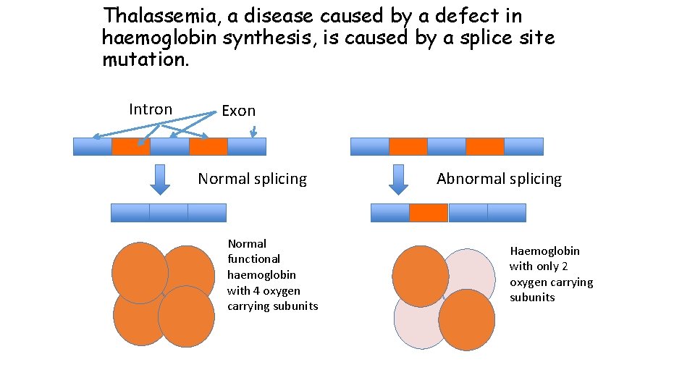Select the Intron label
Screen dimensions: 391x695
point(151,109)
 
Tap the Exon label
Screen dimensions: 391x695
point(238,111)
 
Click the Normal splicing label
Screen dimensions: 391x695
point(252,179)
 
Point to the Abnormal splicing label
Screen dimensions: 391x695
point(499,179)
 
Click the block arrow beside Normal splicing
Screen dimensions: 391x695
point(160,179)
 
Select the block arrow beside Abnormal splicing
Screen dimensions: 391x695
point(398,179)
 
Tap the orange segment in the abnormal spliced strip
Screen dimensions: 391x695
point(429,213)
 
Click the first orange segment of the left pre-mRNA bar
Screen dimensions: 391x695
point(131,146)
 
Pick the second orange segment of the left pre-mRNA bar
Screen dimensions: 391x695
point(208,146)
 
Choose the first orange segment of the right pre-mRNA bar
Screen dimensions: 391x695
point(408,146)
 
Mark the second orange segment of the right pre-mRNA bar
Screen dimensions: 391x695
point(485,146)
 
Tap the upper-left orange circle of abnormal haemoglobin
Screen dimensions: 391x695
point(420,275)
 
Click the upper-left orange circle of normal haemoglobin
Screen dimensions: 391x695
point(140,272)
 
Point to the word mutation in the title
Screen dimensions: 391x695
point(146,59)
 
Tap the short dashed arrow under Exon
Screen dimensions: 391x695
point(253,132)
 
